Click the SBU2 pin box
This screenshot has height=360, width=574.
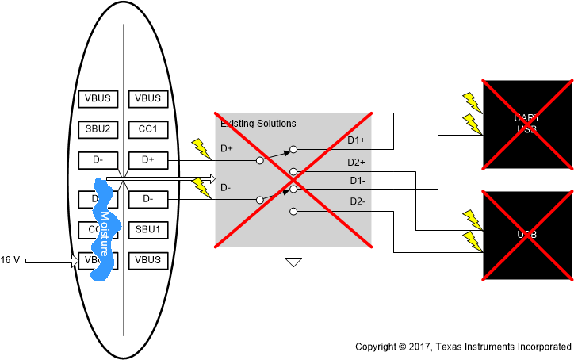pos(98,129)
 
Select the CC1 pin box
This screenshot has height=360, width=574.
pos(147,129)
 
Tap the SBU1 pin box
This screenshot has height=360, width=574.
pos(147,230)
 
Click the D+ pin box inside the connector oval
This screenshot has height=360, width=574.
pos(147,160)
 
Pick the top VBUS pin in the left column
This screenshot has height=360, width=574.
pos(98,98)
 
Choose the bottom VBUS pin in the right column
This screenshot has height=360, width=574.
pos(147,260)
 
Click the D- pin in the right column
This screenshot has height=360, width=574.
pos(147,198)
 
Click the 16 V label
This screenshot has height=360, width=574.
pos(10,260)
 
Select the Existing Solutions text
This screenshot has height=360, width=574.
pos(258,124)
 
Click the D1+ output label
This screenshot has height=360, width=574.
pos(356,141)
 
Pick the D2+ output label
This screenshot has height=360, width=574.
pos(356,163)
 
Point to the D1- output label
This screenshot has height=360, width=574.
pos(356,181)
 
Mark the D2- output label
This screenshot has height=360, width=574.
pos(356,201)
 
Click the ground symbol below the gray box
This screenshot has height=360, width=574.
pos(293,260)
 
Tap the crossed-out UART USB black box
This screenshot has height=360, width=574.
pos(527,124)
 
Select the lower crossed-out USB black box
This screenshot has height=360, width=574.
pos(527,236)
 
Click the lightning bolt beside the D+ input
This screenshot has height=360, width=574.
pos(201,147)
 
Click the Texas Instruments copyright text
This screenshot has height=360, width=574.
pos(462,347)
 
